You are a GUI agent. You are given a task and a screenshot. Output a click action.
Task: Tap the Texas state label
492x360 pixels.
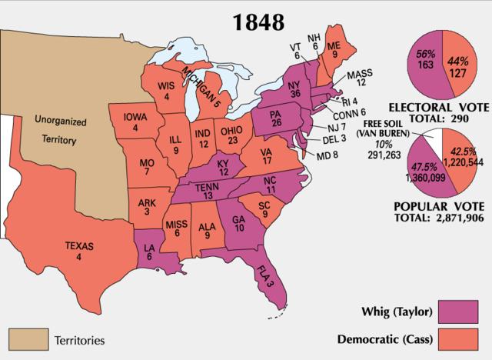pos(79,252)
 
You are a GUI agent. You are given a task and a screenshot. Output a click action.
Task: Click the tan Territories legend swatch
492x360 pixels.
pos(28,338)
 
